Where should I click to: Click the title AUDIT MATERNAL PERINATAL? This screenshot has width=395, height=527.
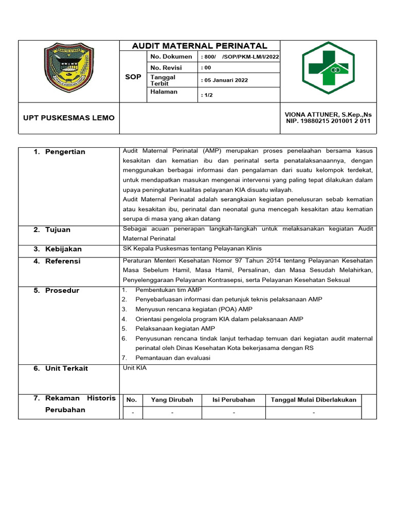click(x=200, y=46)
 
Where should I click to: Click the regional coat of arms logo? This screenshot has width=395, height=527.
click(x=68, y=71)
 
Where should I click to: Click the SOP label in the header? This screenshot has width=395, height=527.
click(x=133, y=77)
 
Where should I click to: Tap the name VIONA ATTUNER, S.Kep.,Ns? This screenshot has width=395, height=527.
click(x=328, y=114)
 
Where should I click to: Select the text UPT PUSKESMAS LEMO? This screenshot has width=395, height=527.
click(x=69, y=118)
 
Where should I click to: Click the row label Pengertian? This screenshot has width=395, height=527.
click(x=65, y=152)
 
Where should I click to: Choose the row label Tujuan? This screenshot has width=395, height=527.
click(x=58, y=230)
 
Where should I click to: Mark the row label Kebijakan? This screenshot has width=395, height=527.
click(x=63, y=249)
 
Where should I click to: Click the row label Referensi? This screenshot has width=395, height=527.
click(x=63, y=261)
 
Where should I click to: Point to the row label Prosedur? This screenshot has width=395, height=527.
click(x=62, y=290)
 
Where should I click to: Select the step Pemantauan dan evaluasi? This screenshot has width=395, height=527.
click(x=173, y=358)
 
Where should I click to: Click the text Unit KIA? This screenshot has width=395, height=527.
click(x=135, y=368)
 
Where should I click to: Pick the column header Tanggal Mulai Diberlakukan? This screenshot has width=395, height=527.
click(x=313, y=400)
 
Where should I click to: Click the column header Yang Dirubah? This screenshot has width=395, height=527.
click(x=172, y=400)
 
